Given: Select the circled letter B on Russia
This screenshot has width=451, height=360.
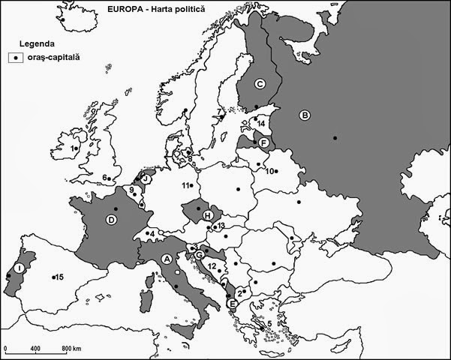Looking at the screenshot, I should pos(305,115).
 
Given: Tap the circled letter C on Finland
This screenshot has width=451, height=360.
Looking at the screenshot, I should pos(260,83).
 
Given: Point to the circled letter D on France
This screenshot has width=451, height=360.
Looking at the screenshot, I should pos(111,220).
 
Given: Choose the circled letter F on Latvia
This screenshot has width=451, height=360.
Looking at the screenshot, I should pos(263,142).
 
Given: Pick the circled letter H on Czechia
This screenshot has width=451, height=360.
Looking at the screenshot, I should pos(207,216).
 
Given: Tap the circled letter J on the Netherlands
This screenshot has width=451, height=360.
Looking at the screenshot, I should pos(146,179).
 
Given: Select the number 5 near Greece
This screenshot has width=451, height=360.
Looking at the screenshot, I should pos(270,324).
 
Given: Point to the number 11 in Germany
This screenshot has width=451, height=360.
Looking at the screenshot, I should pos(185,184).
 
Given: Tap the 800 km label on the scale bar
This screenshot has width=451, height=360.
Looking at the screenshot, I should pos(71,350).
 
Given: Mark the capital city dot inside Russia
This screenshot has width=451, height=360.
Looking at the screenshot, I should pos(335,137).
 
